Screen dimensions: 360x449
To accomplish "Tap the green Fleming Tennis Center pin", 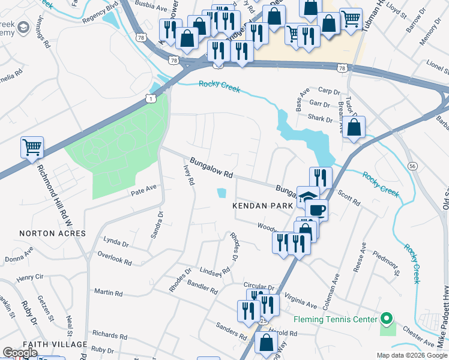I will (387, 318).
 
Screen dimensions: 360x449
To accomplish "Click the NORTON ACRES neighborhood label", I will (52, 233).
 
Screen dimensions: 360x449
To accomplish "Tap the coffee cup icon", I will (316, 210).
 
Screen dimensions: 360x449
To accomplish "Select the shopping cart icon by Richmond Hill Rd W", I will (31, 146).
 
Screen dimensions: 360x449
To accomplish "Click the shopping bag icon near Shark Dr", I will (354, 127).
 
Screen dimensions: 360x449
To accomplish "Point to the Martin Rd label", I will (108, 293).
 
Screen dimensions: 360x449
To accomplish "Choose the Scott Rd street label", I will (349, 199).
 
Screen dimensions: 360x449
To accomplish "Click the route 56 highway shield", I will (412, 166).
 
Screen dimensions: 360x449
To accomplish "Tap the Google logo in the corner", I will (20, 353).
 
